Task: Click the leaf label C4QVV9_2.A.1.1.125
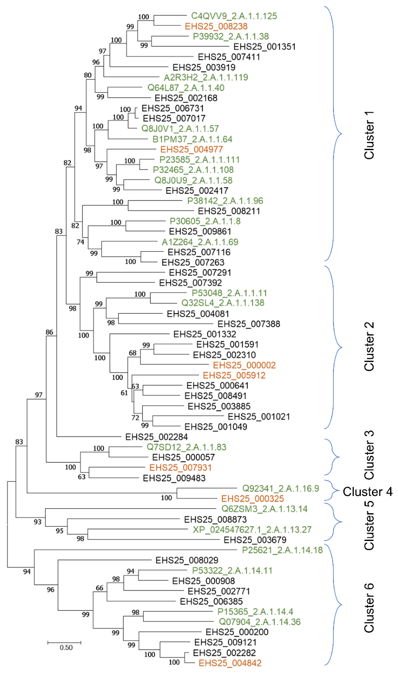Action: coord(234,16)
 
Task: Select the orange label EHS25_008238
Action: coord(216,26)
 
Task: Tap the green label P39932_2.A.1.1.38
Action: coord(231,37)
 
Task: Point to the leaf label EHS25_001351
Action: coord(265,47)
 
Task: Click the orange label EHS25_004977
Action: coord(192,150)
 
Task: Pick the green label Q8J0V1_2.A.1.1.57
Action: coord(180,129)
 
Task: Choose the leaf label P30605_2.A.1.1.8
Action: coord(205,221)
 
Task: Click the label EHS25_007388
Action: coord(249,324)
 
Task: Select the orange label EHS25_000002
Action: coord(244,365)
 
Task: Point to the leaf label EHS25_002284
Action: coord(156,437)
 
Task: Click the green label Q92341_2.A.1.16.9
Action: coord(280,489)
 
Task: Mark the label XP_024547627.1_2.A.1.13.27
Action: coord(252,529)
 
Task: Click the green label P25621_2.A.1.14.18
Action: coord(282,550)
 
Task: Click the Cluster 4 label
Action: coord(368,492)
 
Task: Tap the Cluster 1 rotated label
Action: coord(369,135)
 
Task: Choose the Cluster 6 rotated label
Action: coord(369,608)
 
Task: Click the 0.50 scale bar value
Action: coord(66,648)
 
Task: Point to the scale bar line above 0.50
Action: coord(64,642)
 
